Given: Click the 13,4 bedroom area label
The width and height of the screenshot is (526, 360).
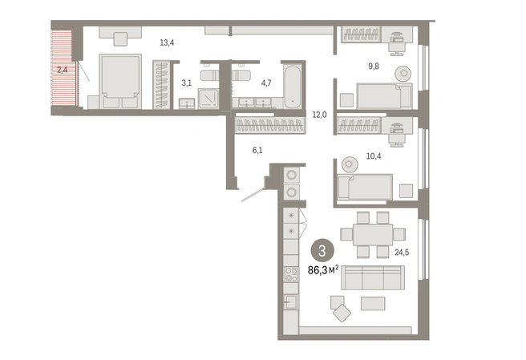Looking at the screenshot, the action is click(x=167, y=42).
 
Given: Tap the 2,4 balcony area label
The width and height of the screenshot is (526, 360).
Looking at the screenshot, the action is click(x=62, y=70).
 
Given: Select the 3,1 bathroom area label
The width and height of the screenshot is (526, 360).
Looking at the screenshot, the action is click(x=187, y=83).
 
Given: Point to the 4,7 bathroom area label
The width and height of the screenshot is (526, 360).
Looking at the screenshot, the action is click(x=266, y=83).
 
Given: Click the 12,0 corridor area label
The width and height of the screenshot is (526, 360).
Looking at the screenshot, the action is click(x=319, y=115).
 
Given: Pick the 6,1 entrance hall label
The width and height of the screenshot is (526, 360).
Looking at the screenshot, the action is click(x=257, y=150).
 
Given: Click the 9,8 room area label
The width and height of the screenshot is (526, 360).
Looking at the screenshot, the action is click(x=374, y=66).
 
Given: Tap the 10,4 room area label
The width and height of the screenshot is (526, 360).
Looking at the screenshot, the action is click(x=374, y=156).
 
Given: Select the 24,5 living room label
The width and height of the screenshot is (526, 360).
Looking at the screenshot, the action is click(x=402, y=253).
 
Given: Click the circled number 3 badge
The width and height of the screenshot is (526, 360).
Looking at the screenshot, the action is click(x=322, y=251).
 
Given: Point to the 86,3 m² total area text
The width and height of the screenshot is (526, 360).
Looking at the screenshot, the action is click(x=323, y=269).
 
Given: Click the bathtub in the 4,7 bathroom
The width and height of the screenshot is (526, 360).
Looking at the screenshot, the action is click(x=293, y=87).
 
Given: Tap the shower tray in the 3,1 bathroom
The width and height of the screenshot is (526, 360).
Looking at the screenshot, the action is click(x=208, y=99).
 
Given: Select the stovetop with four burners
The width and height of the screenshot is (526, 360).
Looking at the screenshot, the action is click(x=291, y=274).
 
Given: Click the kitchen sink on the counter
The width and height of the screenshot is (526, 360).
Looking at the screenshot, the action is click(x=290, y=302).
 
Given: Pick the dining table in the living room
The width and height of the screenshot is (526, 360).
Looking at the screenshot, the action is click(x=373, y=234).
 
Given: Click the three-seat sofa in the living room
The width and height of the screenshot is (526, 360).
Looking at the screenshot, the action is click(x=373, y=277).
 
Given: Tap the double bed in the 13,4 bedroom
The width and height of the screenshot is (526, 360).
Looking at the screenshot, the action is click(x=120, y=82).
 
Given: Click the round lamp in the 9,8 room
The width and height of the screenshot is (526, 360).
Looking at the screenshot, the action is click(x=403, y=73).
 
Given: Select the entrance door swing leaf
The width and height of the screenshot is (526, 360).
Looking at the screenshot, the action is click(x=253, y=196).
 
